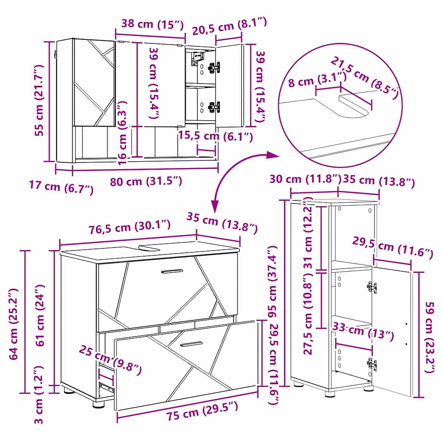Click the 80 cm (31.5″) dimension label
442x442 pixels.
coord(146,181)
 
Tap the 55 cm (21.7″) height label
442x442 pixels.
coord(39,100)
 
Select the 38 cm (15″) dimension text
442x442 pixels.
coord(152,25)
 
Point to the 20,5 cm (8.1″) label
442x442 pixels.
coord(230,25)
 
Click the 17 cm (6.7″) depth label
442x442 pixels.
coord(61,187)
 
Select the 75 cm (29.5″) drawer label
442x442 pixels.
coord(202,411)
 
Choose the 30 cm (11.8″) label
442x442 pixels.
coord(305,179)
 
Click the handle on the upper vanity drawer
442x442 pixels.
coord(172,272)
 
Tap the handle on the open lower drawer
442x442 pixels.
coord(191,344)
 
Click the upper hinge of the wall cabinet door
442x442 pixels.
coord(214,67)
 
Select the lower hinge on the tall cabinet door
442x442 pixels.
coord(372,364)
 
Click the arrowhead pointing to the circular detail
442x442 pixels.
coord(273,155)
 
